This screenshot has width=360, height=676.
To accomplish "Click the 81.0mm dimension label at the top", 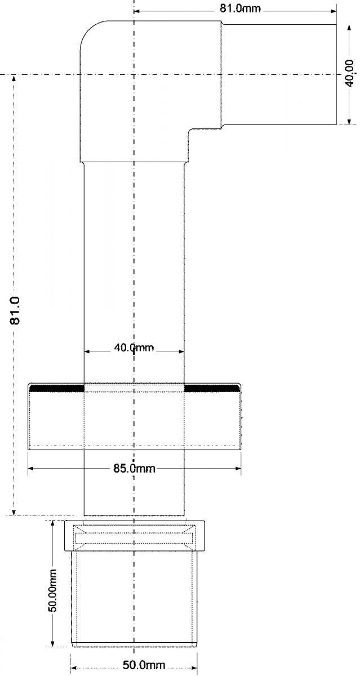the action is coord(240,8).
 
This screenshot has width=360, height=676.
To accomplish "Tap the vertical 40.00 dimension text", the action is coord(350,73).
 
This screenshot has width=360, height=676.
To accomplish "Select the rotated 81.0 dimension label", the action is coord(15,310).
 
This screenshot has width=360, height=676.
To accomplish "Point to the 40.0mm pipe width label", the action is coord(134,348).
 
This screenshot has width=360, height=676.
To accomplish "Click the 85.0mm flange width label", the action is coord(134,468).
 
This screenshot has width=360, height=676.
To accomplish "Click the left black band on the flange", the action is coord(57,388).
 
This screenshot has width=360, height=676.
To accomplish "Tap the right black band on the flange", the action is coord(212,388).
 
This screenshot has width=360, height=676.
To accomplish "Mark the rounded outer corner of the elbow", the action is coord(89,29).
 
